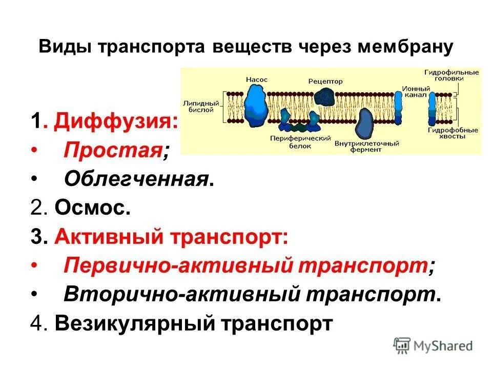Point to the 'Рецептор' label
point(325,81)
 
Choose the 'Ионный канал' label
point(413,91)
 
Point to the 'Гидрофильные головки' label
point(451,75)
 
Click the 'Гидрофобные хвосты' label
point(453,134)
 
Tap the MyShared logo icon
point(402,345)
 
